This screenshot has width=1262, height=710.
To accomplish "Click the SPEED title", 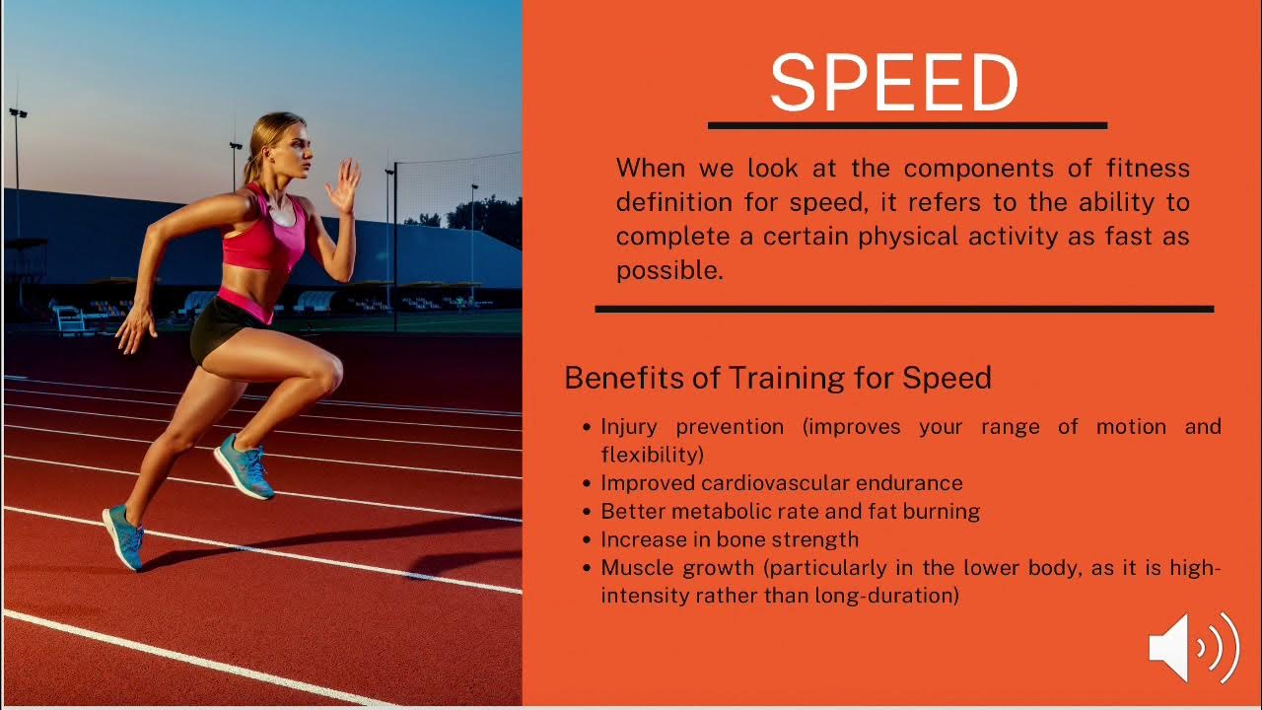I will coord(893,83).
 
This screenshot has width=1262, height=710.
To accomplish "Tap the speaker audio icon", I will coord(1193,648).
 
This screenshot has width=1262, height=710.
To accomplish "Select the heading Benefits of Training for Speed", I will coord(777,378).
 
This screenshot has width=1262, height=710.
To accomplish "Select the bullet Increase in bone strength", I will coord(730,539).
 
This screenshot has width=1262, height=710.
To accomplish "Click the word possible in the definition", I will coord(668,271).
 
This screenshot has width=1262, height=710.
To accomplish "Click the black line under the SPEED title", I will coord(907,125).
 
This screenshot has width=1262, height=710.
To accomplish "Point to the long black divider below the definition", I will coord(903,309).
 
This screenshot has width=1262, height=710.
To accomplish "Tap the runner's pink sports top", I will coord(264,237).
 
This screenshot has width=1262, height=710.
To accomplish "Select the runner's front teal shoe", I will coord(245,465).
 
